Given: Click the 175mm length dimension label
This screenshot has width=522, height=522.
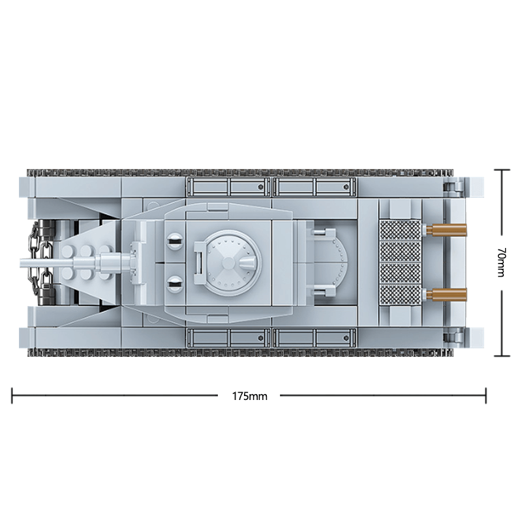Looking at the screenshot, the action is click(x=250, y=396).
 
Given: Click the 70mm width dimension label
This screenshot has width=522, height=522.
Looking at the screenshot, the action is click(x=500, y=262).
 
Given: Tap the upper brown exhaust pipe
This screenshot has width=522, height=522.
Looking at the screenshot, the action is click(x=447, y=230).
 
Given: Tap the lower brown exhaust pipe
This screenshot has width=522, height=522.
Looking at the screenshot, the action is click(x=447, y=294).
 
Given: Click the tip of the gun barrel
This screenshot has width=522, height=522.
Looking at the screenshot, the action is click(x=22, y=263).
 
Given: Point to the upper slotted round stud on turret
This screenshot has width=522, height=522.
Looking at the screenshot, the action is click(x=175, y=241).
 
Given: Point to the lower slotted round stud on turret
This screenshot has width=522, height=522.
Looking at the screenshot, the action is click(x=175, y=284).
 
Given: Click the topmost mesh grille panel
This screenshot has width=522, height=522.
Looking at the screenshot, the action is click(x=401, y=230).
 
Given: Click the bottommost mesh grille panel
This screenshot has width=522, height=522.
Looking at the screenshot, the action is click(x=401, y=295).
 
